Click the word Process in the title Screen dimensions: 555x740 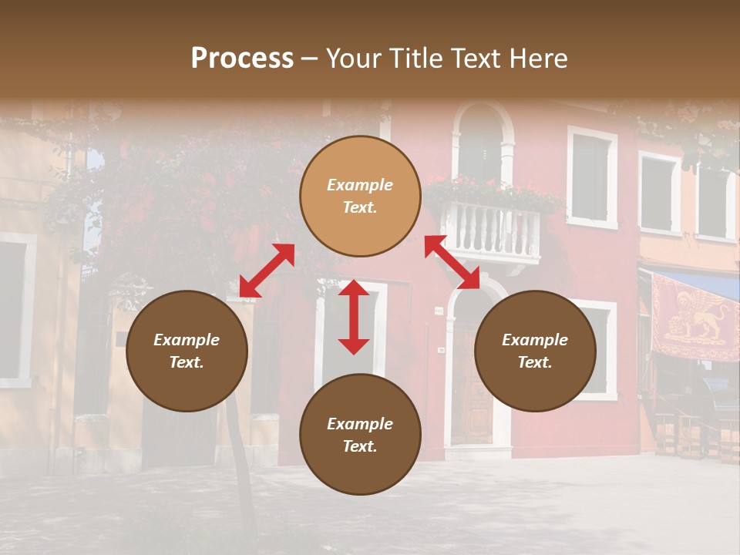pos(242,59)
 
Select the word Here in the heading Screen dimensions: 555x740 pos(536,59)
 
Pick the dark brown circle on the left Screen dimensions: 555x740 pos(187,378)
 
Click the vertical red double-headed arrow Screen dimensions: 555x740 pos(354,317)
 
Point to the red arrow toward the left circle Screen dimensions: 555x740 pos(267,271)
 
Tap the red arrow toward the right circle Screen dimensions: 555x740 pos(452,262)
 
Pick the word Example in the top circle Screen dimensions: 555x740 pos(360,185)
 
